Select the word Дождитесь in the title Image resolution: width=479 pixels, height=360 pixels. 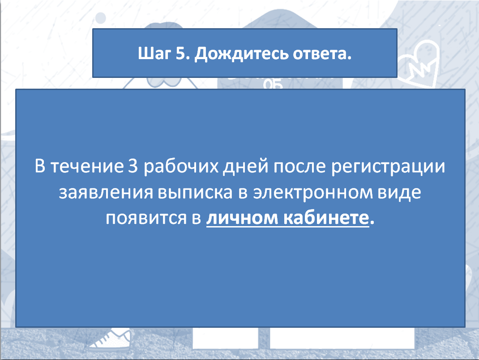(241, 54)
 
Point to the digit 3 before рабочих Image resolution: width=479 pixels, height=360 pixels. (133, 166)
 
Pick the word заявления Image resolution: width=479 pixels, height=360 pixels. (106, 193)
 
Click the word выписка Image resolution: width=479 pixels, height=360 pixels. (196, 193)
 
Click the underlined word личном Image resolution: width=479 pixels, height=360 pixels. (242, 219)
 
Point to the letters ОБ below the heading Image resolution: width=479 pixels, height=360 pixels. (273, 84)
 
